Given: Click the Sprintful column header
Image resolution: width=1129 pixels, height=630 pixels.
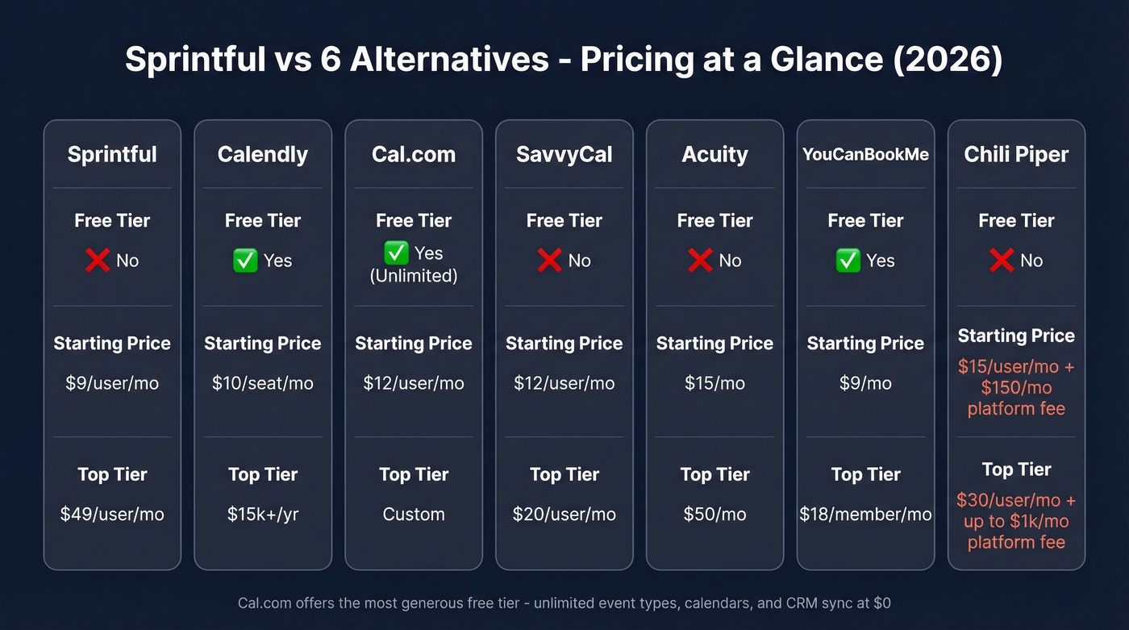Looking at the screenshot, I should pyautogui.click(x=112, y=154).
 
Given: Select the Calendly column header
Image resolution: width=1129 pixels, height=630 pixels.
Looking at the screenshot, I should pyautogui.click(x=263, y=154).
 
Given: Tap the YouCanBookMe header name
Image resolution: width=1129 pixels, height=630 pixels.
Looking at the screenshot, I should pyautogui.click(x=865, y=154).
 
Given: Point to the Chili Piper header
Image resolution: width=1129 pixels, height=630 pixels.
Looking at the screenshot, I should pyautogui.click(x=1016, y=154).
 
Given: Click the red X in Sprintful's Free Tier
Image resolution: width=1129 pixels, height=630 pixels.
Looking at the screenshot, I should pyautogui.click(x=98, y=260).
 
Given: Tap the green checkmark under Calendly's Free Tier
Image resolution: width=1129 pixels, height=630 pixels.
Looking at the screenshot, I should pyautogui.click(x=245, y=260).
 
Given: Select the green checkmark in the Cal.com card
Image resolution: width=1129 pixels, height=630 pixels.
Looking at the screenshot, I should pyautogui.click(x=396, y=253).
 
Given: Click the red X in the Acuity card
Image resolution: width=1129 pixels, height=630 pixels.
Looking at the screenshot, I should pyautogui.click(x=700, y=260).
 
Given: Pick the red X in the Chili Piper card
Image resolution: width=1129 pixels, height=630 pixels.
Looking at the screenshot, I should pyautogui.click(x=1002, y=260).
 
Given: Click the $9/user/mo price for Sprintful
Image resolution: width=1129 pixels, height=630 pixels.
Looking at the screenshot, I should pyautogui.click(x=112, y=382).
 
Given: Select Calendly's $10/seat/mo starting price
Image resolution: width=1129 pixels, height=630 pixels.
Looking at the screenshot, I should pyautogui.click(x=263, y=382).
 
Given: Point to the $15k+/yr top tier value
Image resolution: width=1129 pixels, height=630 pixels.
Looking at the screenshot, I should pyautogui.click(x=263, y=514).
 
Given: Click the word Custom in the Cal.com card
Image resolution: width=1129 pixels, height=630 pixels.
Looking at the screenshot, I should pyautogui.click(x=414, y=514).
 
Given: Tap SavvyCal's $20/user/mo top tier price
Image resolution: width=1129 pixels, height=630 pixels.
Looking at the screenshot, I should pyautogui.click(x=564, y=514).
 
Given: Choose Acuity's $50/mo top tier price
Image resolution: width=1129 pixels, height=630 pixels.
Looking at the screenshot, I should pyautogui.click(x=714, y=514).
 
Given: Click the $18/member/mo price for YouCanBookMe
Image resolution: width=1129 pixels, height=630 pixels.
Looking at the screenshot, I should pyautogui.click(x=865, y=514).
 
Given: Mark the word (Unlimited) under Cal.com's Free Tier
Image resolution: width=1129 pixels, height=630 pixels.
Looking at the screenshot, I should pyautogui.click(x=414, y=276).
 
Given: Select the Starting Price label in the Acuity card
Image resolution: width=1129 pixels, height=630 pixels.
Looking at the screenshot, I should pyautogui.click(x=714, y=344).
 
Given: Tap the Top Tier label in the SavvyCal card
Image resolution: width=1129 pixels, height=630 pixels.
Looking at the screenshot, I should pyautogui.click(x=564, y=474).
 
